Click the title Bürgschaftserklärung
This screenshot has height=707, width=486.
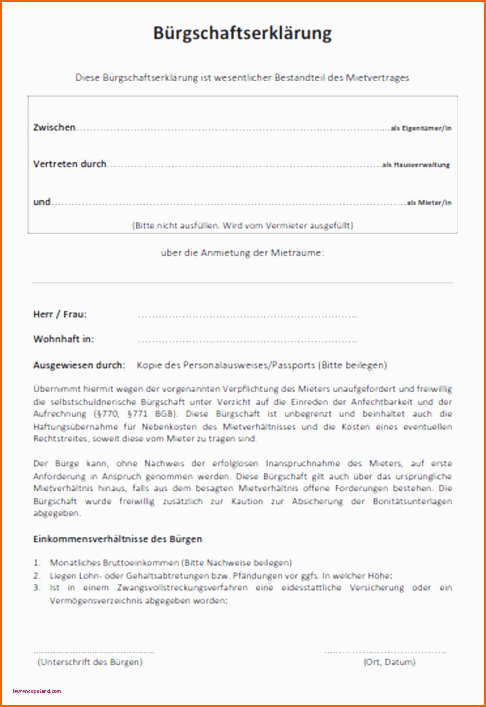pos(242,33)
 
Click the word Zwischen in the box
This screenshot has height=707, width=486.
pos(54,127)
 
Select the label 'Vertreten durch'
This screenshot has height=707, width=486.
pos(70,164)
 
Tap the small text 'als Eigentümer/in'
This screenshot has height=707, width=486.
pos(421,128)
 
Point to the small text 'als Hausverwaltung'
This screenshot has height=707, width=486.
pos(416,165)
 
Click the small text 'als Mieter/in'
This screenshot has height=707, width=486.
pos(429,203)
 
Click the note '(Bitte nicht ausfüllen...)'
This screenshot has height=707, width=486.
pos(243,225)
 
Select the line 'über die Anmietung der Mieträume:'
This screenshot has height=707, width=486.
pos(243,253)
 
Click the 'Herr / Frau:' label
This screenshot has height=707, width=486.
pos(60,314)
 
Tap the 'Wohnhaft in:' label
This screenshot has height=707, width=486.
pos(64,339)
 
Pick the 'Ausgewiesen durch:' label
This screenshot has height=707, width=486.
pos(79,365)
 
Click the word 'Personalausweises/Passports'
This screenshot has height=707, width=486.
pos(249,365)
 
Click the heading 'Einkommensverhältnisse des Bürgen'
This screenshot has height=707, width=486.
pos(118,539)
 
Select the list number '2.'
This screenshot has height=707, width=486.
pos(37,576)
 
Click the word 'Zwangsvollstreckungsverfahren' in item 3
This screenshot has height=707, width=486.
pos(182,588)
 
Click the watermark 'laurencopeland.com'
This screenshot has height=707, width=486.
pos(37,691)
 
